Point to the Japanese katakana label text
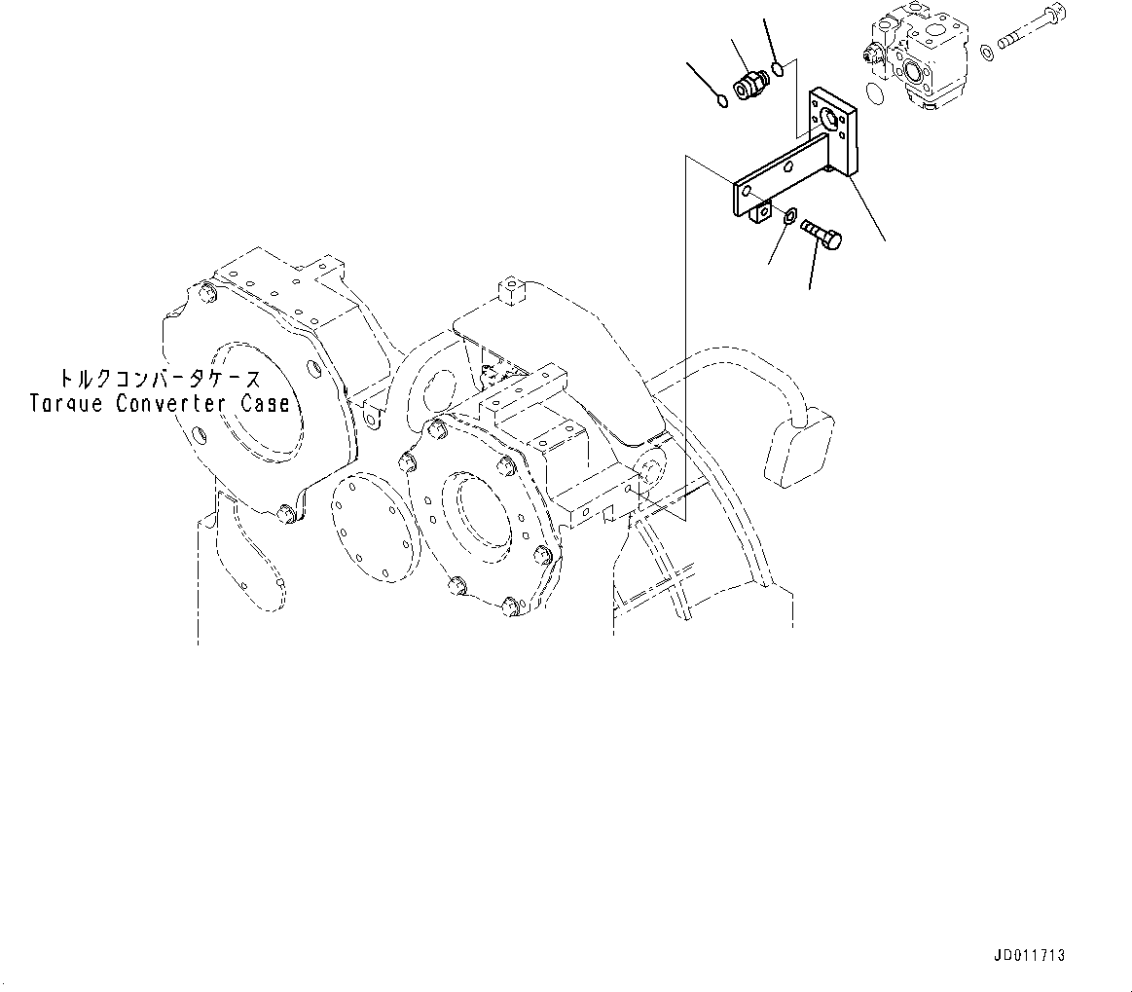click(158, 379)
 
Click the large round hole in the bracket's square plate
click(830, 120)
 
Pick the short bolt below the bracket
click(822, 235)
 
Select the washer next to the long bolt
click(988, 51)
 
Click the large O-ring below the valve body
click(874, 93)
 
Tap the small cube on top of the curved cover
click(511, 287)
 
